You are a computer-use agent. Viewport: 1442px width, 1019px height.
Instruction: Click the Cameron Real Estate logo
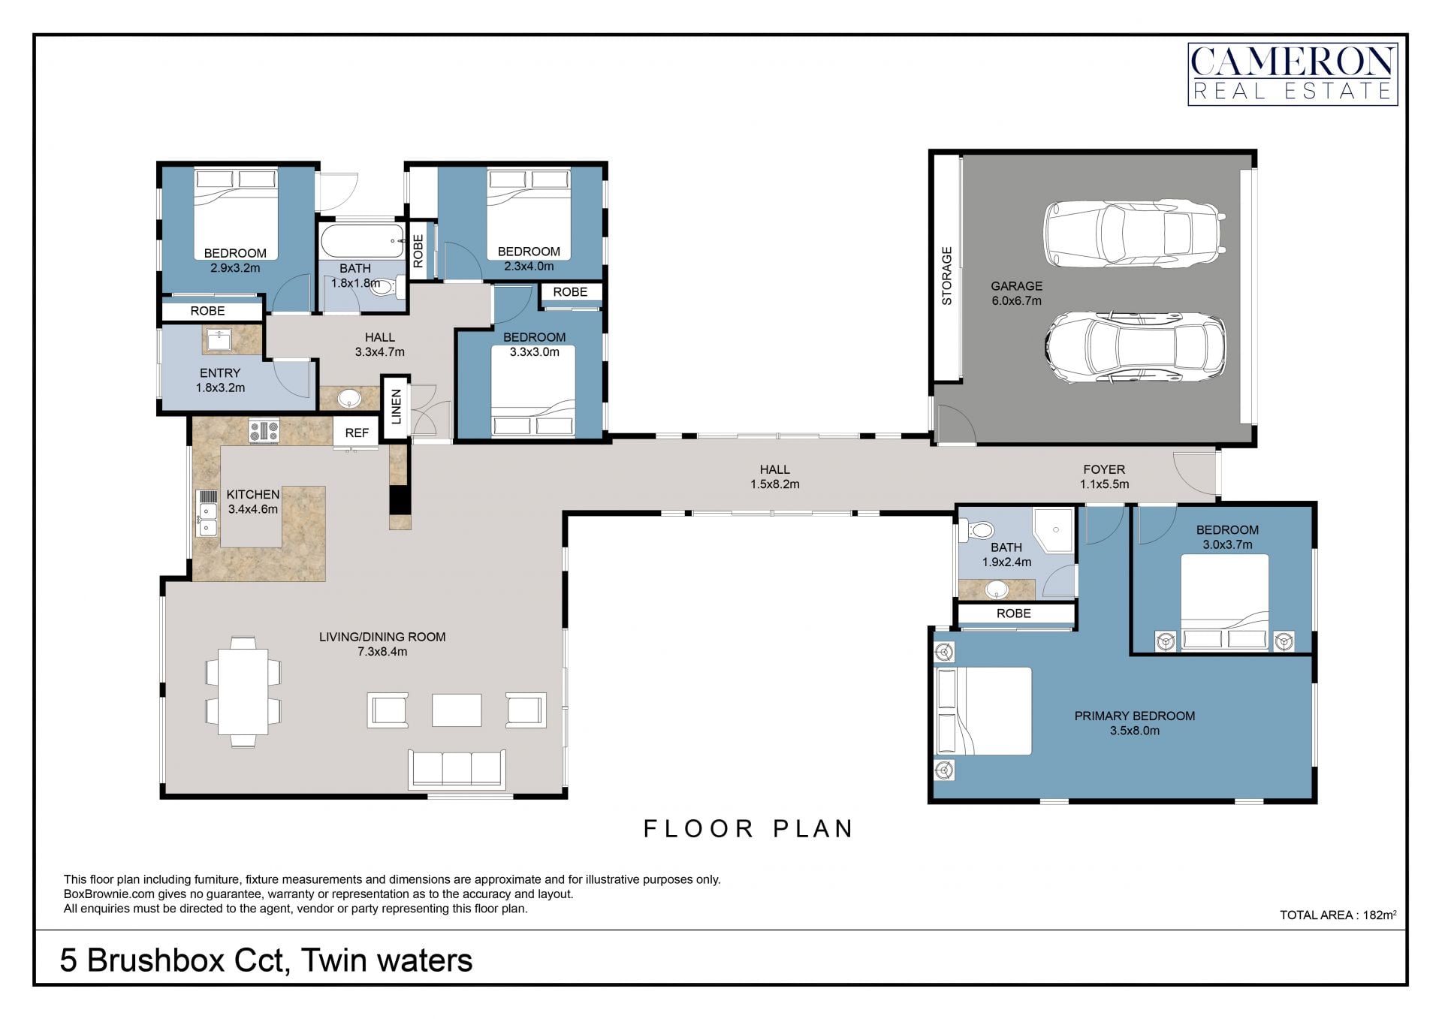1292,74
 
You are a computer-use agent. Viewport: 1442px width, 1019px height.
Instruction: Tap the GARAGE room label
1016,286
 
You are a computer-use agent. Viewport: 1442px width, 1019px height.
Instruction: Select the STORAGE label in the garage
946,276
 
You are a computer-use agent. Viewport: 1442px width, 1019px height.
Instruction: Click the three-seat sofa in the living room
457,769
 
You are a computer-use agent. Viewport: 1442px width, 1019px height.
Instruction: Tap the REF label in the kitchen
357,433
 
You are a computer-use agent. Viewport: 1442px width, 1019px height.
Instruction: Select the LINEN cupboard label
397,407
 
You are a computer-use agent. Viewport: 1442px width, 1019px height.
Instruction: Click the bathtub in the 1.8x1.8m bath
363,241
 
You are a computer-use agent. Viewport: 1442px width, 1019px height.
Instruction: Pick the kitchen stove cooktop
264,431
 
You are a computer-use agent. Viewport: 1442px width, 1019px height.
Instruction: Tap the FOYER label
1104,469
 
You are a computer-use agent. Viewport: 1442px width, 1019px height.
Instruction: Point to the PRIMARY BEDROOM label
1134,716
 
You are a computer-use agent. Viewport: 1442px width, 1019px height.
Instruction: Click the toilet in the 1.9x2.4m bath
976,531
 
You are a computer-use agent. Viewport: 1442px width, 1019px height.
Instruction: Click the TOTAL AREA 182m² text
1338,915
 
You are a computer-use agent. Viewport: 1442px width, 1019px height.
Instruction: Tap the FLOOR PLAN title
749,828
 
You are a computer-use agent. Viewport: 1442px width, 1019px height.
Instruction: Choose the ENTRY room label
220,373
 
